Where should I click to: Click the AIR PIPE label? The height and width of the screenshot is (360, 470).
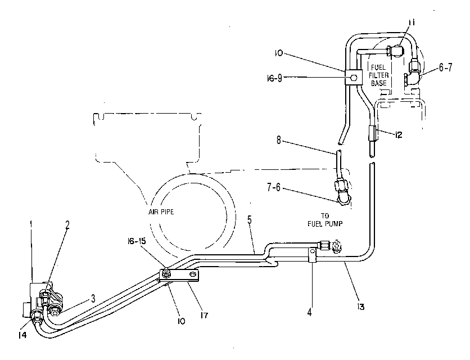click(x=161, y=212)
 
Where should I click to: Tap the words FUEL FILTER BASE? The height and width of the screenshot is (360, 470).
click(x=378, y=75)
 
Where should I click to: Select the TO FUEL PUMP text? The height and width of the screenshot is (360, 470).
click(x=325, y=219)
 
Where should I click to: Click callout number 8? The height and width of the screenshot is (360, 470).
click(x=279, y=140)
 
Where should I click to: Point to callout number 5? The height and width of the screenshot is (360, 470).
click(x=250, y=220)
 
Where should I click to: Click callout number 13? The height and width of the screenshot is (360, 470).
click(x=360, y=307)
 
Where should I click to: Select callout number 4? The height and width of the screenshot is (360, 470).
click(x=309, y=312)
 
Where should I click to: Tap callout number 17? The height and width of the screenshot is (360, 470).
click(x=205, y=316)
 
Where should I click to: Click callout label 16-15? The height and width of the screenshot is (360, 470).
click(x=136, y=241)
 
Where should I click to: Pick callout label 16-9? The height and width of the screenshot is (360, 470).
click(x=274, y=78)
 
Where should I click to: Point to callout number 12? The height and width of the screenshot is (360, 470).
click(x=399, y=135)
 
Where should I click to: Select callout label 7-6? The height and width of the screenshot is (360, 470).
click(x=274, y=188)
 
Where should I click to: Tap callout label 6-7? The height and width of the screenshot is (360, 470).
click(x=446, y=68)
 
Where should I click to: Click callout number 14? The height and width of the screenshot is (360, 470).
click(x=22, y=335)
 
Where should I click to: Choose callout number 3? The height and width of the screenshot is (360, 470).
click(x=93, y=298)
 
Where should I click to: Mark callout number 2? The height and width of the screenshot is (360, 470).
click(x=67, y=225)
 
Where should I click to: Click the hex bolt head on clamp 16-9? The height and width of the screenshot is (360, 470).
click(x=354, y=78)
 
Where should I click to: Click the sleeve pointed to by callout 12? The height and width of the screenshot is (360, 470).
click(x=372, y=133)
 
